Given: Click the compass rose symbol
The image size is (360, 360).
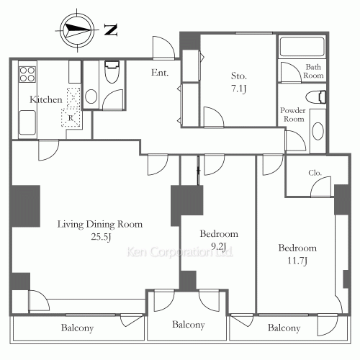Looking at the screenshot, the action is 77,30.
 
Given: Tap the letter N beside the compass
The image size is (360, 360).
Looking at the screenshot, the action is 111,30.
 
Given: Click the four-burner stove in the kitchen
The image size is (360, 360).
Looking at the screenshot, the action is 27,74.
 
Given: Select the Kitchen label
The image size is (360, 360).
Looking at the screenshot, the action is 46,99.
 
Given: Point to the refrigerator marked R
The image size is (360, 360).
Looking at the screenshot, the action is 71,117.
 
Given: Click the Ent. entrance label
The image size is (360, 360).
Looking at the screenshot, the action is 160,73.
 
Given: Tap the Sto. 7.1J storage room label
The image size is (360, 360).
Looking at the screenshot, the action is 239,82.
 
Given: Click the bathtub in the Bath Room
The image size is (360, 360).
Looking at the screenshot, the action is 302,47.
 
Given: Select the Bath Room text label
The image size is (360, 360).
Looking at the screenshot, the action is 313,71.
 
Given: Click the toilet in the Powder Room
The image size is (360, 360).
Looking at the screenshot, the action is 316,97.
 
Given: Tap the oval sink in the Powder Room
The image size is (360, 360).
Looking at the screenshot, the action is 318,131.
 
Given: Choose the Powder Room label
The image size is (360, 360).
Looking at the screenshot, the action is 293,114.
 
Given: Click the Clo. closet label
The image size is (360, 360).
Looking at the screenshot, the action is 315,173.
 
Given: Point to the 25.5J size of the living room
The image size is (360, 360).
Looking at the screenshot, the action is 101,237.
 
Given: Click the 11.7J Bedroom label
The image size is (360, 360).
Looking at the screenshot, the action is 297,254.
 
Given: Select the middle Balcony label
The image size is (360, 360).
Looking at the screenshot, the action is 189,325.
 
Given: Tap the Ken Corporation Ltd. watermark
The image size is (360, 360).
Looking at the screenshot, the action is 180,252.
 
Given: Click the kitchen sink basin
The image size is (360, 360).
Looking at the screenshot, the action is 27,122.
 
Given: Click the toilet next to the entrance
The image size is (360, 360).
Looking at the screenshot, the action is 112,72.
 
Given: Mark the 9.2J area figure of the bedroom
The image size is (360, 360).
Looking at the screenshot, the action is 219,246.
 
